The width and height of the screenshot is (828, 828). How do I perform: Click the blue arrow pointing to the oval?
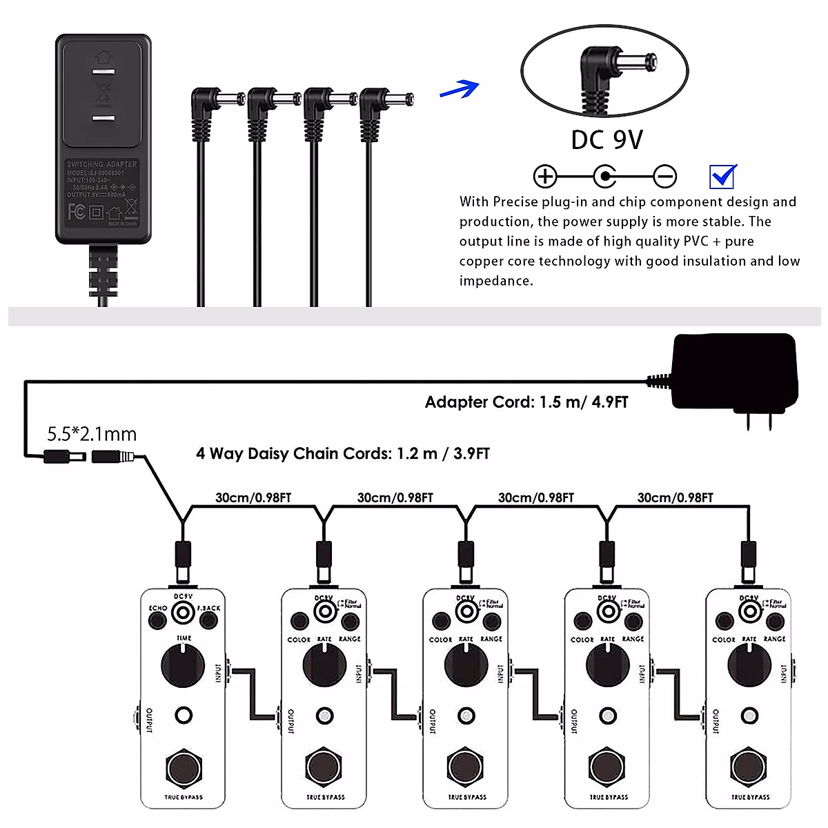pyautogui.click(x=460, y=89)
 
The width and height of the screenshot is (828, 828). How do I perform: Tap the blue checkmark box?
pyautogui.click(x=722, y=177)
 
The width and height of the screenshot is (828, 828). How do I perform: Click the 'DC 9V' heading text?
pyautogui.click(x=607, y=140)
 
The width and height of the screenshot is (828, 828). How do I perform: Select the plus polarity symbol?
pyautogui.click(x=545, y=177)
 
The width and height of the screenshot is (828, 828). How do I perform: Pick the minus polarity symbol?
pyautogui.click(x=664, y=177)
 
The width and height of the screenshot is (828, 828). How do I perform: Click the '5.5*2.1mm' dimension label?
pyautogui.click(x=92, y=434)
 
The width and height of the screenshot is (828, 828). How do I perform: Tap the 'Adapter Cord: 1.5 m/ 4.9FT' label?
pyautogui.click(x=526, y=402)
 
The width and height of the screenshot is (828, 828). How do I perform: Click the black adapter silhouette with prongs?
pyautogui.click(x=735, y=376)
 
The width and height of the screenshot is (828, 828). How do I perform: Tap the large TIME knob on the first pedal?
pyautogui.click(x=183, y=666)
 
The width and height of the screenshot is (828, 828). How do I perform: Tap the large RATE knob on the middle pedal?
pyautogui.click(x=466, y=666)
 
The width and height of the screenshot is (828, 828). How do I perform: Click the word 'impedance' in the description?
pyautogui.click(x=495, y=281)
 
